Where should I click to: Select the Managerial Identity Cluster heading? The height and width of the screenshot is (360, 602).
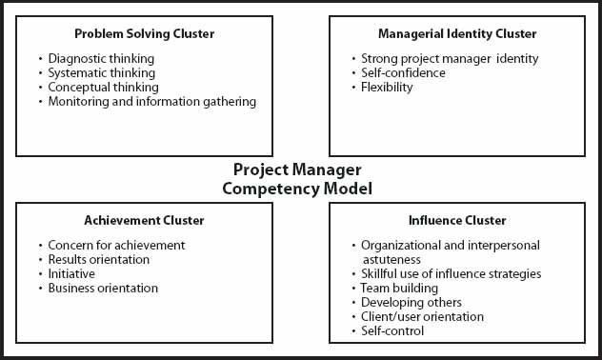pos(457,34)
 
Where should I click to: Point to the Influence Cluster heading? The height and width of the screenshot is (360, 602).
pos(457,221)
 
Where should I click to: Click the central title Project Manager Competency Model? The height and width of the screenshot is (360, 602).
pos(297,179)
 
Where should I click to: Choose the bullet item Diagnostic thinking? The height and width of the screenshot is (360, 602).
pos(101,58)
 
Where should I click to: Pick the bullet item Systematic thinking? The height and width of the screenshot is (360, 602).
pos(101,72)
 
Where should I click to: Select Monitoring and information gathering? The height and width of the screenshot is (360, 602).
pos(152,101)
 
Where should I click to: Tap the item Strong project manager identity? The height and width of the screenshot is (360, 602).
pos(450,58)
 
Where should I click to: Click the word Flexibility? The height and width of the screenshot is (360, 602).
pos(387,87)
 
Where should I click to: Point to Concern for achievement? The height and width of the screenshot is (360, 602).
pos(116,245)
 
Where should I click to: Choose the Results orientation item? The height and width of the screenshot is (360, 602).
pos(99,259)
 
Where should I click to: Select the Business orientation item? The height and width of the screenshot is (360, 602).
pos(103,288)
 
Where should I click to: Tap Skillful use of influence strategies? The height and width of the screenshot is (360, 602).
pos(451,273)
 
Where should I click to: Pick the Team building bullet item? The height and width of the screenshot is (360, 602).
pos(399,288)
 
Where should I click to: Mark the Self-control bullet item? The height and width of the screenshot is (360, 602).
pos(392,330)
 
